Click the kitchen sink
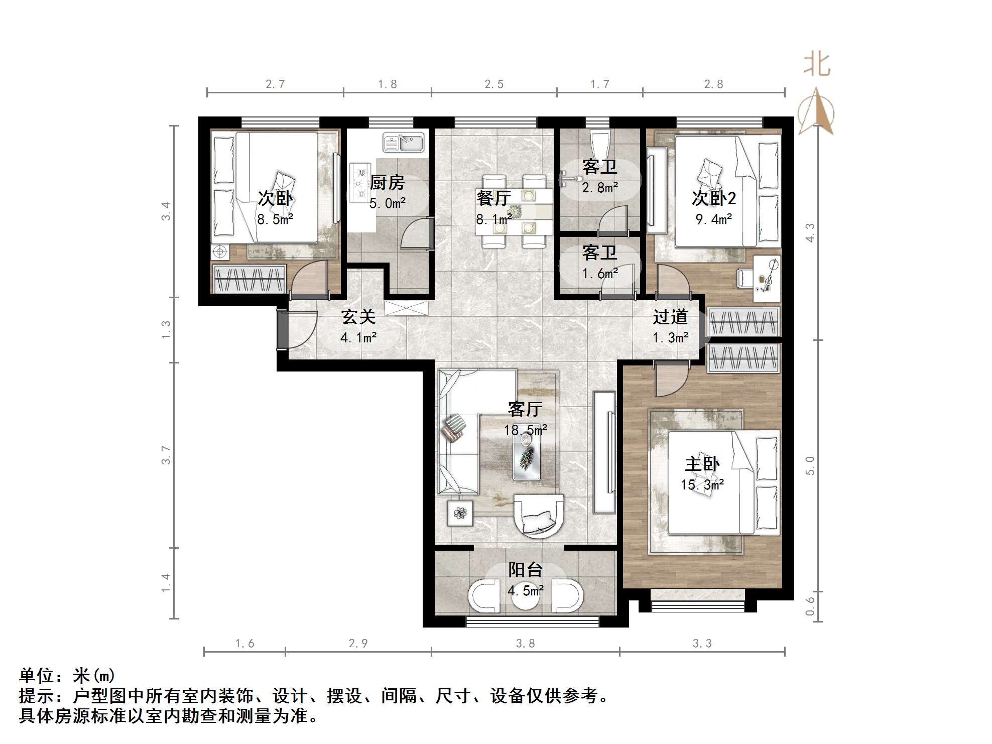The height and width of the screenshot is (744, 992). click(x=403, y=143)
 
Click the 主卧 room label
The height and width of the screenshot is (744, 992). click(x=702, y=464)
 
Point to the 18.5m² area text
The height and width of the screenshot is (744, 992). click(x=526, y=430)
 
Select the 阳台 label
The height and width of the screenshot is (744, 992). click(x=525, y=570)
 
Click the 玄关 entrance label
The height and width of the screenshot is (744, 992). click(x=358, y=317)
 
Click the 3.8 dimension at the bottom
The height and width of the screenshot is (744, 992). click(x=525, y=644)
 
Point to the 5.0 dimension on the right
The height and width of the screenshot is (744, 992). click(x=810, y=465)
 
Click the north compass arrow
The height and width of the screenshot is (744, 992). click(x=817, y=113)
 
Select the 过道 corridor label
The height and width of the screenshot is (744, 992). click(x=670, y=317)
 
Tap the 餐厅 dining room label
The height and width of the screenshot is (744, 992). click(x=493, y=198)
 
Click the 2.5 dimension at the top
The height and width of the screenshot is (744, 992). click(x=493, y=84)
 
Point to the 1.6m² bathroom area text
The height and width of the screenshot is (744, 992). click(x=600, y=274)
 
